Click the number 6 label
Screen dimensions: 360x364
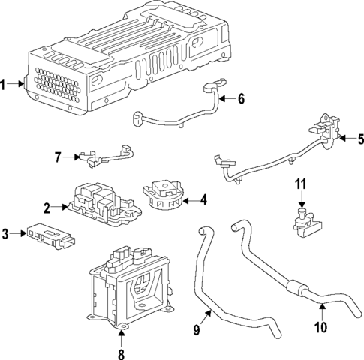[x=241, y=98]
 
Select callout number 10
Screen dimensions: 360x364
[x=321, y=328]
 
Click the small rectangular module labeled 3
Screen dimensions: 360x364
[x=51, y=235]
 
